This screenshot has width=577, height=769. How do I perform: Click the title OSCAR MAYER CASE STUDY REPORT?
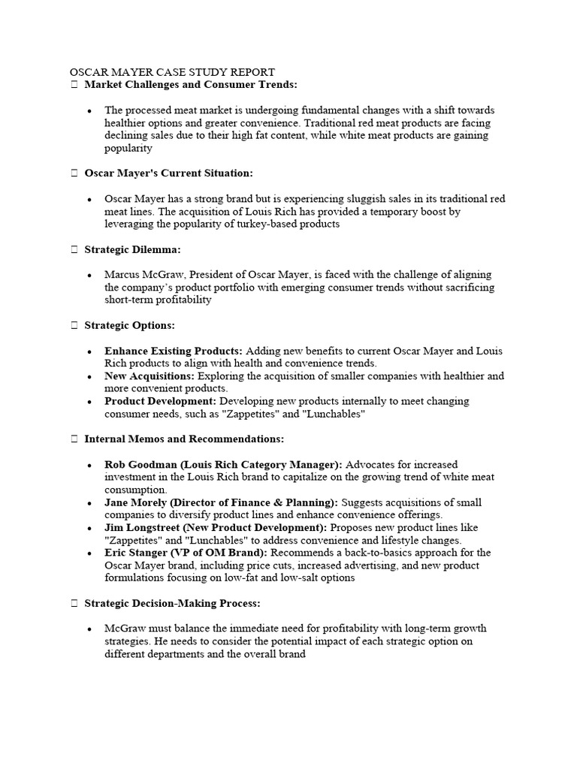point(172,72)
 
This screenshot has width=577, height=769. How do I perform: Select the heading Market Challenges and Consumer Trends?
point(191,85)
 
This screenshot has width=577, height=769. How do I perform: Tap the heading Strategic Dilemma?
point(132,249)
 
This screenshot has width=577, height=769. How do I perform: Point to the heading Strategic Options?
point(129,325)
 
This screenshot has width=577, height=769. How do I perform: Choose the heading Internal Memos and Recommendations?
point(184,439)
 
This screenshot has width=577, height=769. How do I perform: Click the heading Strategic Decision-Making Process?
point(173,602)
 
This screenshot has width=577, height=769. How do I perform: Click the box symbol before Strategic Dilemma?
point(74,249)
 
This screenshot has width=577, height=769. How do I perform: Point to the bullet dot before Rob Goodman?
point(89,466)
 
